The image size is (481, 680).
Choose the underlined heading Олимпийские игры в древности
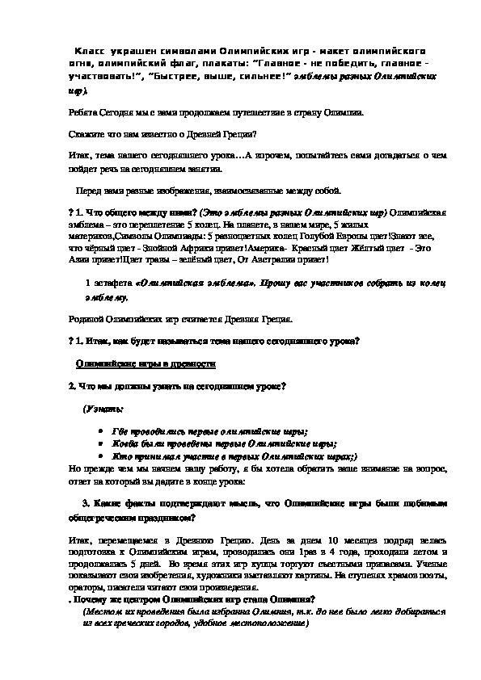pyautogui.click(x=146, y=364)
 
